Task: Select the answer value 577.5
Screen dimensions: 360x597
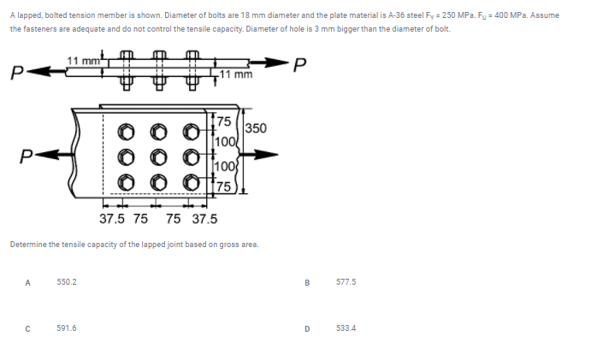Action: pyautogui.click(x=347, y=281)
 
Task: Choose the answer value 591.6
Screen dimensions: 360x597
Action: pyautogui.click(x=66, y=327)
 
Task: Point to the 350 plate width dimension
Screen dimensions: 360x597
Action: pyautogui.click(x=256, y=128)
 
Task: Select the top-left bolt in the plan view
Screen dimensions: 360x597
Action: pyautogui.click(x=124, y=133)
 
